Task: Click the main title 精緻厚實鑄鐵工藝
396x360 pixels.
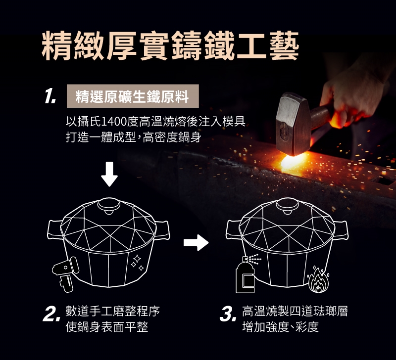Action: tap(170, 46)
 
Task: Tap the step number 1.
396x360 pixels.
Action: tap(50, 96)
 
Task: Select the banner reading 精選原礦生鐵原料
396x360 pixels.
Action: tap(133, 96)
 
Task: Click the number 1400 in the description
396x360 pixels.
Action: tap(113, 122)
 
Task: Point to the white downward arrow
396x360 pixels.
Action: tap(109, 174)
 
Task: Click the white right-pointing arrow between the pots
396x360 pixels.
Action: tap(196, 243)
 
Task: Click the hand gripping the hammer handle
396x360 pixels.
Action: tap(353, 96)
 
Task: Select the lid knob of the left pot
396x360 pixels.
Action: tap(109, 206)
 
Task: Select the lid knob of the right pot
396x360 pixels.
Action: tap(288, 206)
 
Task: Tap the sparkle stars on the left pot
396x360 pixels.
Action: tap(138, 263)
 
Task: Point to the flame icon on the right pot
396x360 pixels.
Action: tap(318, 279)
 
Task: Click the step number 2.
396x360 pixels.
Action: tap(51, 315)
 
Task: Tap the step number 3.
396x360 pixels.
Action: tap(228, 315)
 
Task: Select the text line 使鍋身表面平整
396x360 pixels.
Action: tap(106, 327)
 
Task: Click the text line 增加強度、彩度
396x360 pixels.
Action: tap(280, 327)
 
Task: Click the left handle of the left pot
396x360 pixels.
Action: tap(55, 229)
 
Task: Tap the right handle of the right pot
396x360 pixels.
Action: tap(341, 230)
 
